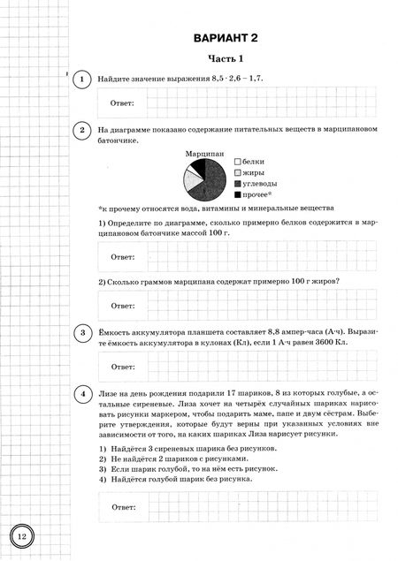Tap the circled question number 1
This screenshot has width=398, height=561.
click(x=81, y=80)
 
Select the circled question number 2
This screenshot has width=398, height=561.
click(x=81, y=132)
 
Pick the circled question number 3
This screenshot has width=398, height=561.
click(x=81, y=333)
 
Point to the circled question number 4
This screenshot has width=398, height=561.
click(x=81, y=392)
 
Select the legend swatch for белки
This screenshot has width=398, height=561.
click(x=238, y=162)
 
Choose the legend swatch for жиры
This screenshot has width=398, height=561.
click(x=238, y=172)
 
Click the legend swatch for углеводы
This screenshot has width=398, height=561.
click(x=238, y=183)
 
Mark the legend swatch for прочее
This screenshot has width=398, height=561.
click(x=238, y=193)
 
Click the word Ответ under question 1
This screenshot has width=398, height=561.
click(x=121, y=104)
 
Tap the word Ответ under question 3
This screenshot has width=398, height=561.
click(x=121, y=366)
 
